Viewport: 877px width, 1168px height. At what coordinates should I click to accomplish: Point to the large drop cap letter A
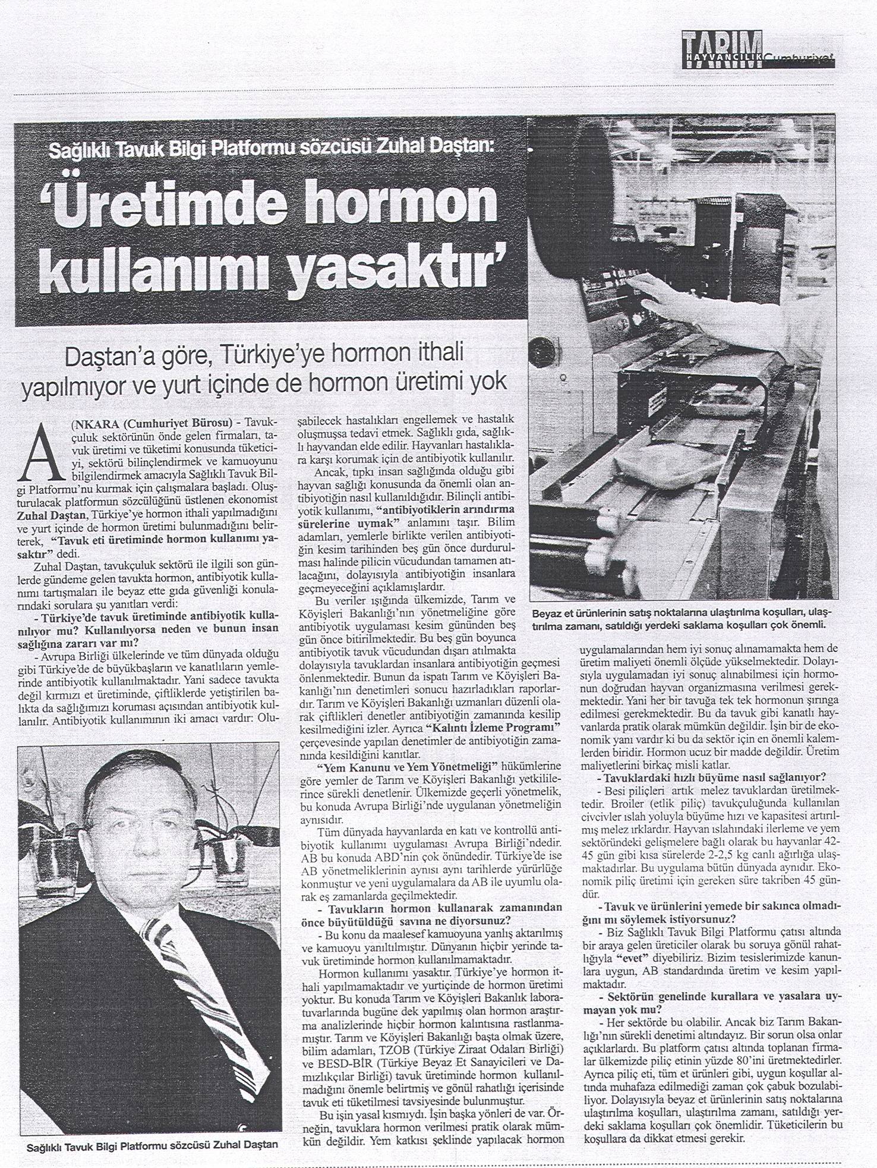click(x=41, y=454)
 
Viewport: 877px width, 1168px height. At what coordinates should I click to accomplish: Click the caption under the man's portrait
click(x=153, y=1144)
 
